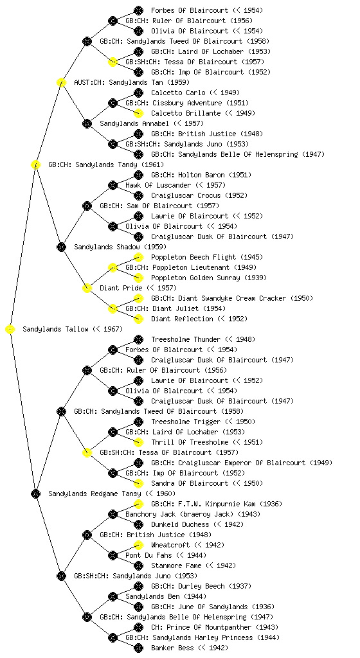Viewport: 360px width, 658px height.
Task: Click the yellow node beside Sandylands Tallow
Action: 10,330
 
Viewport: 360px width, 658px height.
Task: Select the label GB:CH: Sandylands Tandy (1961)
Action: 106,165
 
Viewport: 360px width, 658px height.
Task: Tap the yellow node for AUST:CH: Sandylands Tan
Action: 61,83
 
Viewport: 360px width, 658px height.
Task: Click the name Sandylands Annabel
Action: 134,124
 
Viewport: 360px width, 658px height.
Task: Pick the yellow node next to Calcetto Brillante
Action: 138,113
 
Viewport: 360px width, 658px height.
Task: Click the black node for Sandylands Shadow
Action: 61,247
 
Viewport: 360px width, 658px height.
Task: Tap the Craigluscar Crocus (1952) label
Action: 199,195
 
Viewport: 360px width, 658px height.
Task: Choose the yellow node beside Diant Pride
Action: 87,289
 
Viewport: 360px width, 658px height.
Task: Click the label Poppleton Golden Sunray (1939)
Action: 209,278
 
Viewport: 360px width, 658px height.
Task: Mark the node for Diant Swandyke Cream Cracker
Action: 138,298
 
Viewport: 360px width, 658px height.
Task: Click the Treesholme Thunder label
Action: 185,339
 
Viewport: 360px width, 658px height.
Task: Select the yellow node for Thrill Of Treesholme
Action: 138,442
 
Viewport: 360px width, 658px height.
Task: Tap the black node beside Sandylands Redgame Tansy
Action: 35,494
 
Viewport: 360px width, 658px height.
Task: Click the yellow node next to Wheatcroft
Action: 138,545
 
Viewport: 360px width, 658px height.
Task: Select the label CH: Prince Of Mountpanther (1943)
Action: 215,628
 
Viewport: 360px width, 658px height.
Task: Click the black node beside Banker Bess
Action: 138,648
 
